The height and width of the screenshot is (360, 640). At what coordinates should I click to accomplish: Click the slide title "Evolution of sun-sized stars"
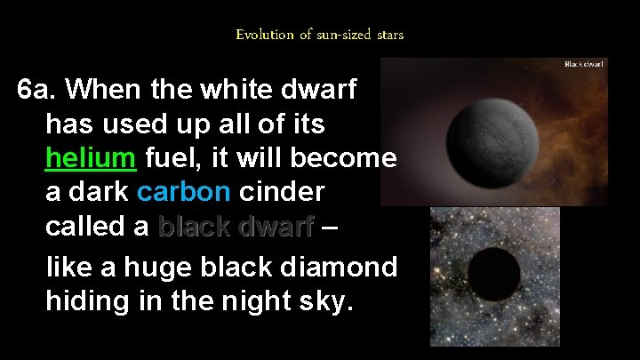pos(320,35)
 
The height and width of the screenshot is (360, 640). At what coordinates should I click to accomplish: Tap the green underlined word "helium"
pos(91,158)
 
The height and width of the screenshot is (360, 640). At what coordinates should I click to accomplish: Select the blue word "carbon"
pos(185,192)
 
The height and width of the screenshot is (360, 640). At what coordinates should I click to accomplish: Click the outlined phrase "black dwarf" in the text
pos(236,227)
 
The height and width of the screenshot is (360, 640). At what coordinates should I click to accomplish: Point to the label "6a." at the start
pos(38,90)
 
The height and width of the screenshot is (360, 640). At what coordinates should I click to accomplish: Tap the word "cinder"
pos(282,192)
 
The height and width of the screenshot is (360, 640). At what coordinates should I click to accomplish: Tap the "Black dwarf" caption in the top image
pos(585,65)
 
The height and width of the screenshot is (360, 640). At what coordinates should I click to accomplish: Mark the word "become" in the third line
pos(350,158)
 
